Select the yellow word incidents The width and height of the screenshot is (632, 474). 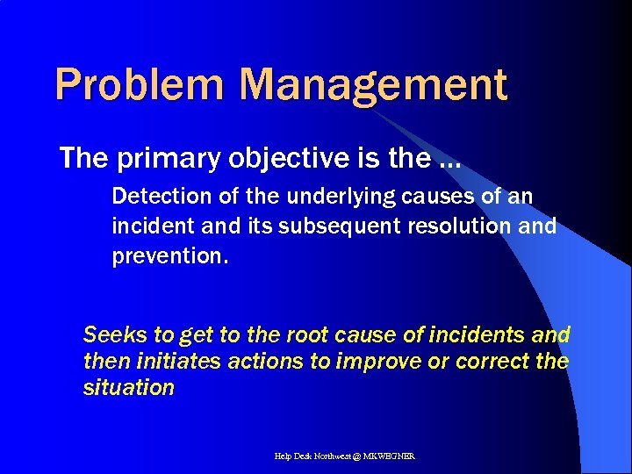tap(480, 334)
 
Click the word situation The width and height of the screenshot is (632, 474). tap(128, 387)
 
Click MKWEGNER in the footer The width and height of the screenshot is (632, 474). tap(396, 456)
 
